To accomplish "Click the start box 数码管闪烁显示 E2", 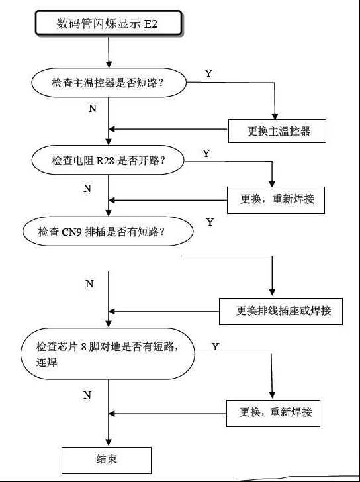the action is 109,23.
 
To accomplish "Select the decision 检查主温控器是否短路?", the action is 109,83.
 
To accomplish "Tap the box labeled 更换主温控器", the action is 277,131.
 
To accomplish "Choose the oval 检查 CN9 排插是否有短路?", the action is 108,231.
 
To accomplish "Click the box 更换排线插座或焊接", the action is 281,311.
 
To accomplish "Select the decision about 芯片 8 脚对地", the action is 108,354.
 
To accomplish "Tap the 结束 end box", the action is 107,460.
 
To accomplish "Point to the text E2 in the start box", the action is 150,24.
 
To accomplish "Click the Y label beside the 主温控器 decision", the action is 208,73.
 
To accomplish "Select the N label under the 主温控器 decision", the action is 93,109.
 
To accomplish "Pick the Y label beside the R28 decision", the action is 206,154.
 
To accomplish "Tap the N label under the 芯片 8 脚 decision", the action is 87,395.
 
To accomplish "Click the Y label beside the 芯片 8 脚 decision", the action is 215,347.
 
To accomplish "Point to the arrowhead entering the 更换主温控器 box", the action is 275,117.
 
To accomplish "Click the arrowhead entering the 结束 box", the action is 109,444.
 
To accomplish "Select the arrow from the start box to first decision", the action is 109,52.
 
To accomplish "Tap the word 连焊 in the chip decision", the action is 47,362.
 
